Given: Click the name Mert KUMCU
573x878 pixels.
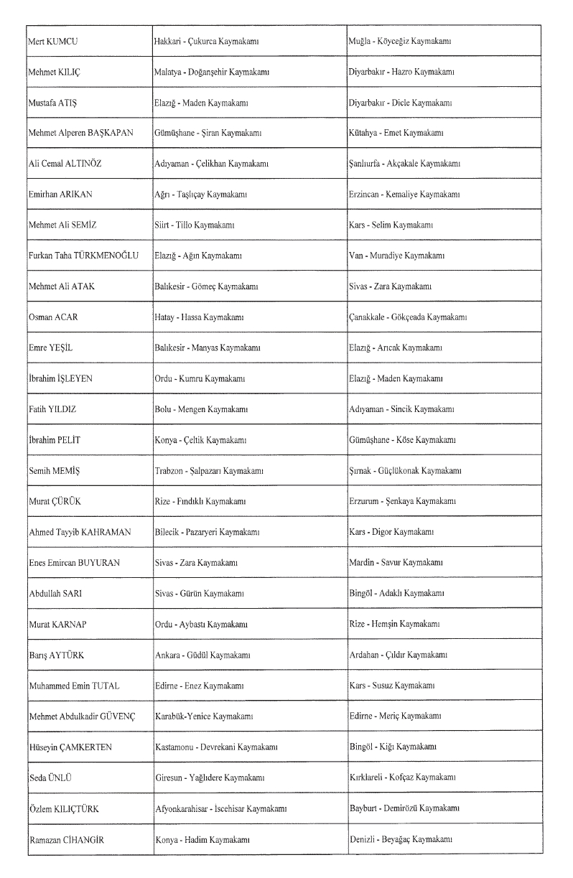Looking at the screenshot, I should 53,42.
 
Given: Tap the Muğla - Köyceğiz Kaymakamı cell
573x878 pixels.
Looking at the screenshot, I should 400,42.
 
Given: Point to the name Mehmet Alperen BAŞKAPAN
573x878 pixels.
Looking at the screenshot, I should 81,134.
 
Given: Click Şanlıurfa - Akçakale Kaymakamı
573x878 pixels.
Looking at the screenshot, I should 404,164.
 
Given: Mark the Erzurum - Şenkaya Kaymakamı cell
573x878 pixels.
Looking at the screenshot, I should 400,501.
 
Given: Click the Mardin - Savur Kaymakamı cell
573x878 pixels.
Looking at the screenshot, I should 393,563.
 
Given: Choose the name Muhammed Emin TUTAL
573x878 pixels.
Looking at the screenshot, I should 74,686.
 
